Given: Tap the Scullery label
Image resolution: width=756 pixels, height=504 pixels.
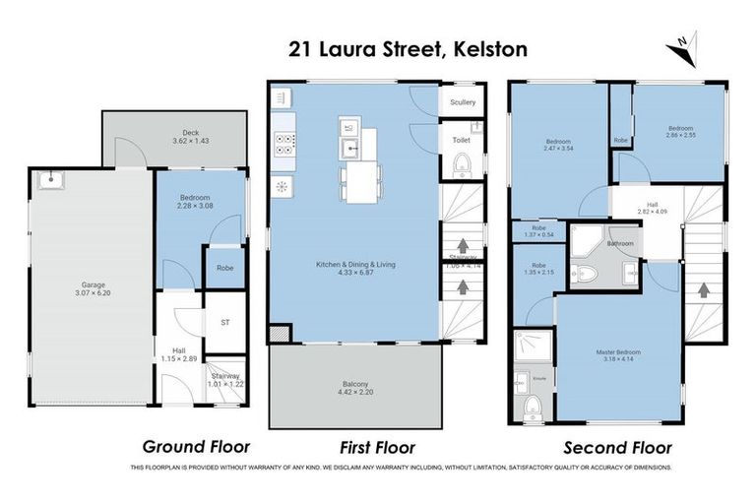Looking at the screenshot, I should click(x=463, y=102).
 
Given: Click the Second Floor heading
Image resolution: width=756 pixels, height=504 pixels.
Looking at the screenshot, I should click(x=609, y=446).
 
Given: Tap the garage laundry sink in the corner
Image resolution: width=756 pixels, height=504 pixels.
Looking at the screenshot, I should click(x=46, y=180).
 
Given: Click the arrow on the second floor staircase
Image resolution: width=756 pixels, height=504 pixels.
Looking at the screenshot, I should click(x=704, y=291).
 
